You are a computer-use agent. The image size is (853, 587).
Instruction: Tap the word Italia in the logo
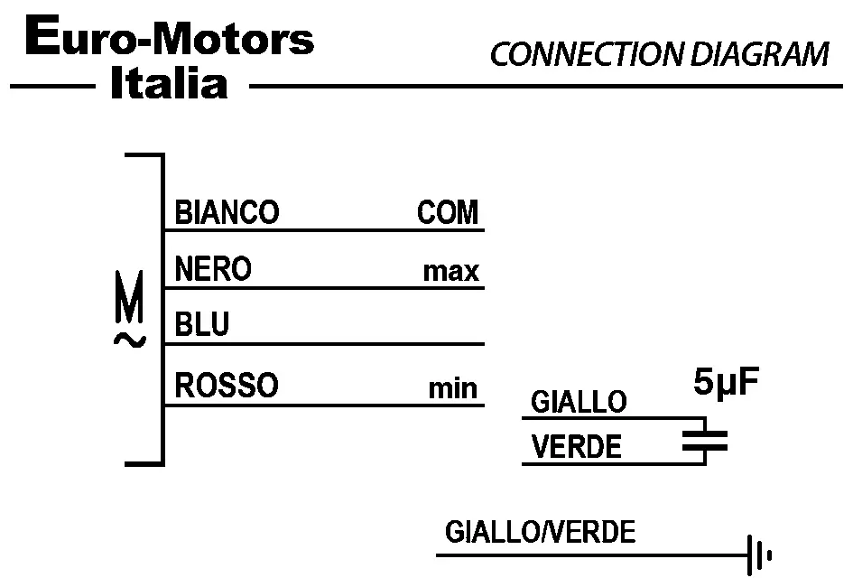click(168, 85)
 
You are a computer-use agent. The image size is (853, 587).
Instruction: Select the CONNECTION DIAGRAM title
click(659, 55)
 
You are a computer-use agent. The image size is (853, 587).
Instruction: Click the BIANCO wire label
click(227, 213)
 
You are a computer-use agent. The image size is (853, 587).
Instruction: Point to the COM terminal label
click(448, 213)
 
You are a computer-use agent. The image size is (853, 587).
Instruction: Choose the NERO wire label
click(213, 269)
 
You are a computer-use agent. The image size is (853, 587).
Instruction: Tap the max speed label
click(451, 271)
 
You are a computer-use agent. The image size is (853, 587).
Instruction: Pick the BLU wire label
click(202, 325)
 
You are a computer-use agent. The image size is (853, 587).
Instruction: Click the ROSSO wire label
click(227, 386)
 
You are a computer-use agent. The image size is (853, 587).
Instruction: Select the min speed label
click(453, 388)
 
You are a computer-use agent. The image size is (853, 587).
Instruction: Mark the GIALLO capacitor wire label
click(579, 402)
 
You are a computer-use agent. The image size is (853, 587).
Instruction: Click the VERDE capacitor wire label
click(577, 447)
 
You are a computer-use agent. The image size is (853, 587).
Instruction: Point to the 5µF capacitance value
click(727, 383)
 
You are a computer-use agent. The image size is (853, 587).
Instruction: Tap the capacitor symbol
click(704, 441)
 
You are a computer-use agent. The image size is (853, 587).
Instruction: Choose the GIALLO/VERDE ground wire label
click(540, 532)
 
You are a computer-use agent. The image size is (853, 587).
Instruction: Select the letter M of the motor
click(130, 307)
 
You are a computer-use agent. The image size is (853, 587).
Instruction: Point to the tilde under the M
click(130, 340)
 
